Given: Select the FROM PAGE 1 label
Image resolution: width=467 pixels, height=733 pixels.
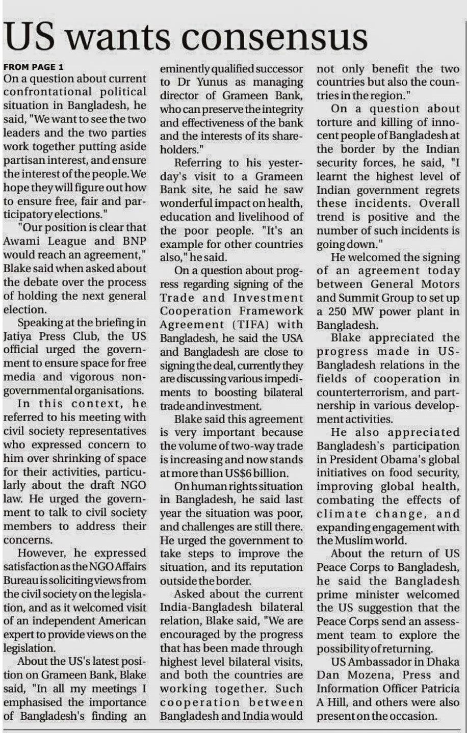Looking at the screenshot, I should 34,67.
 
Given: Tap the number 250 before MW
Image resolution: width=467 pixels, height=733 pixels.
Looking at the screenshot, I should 340,311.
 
